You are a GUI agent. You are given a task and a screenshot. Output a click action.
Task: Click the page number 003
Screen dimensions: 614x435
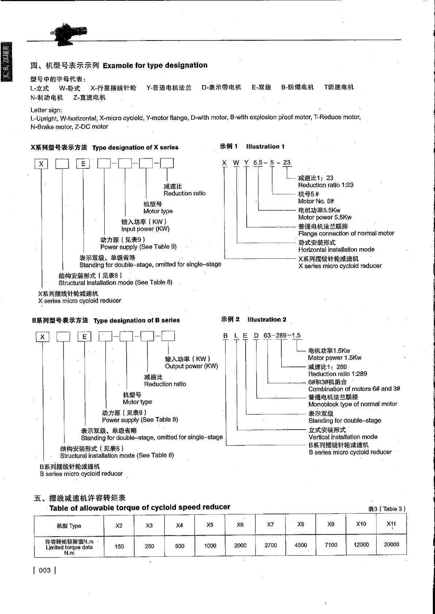point(45,570)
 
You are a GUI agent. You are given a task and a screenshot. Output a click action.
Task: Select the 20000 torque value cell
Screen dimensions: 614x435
point(391,544)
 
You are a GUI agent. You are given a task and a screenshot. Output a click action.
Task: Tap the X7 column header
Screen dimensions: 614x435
point(270,525)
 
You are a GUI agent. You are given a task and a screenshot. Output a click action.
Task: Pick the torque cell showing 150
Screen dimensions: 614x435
point(119,546)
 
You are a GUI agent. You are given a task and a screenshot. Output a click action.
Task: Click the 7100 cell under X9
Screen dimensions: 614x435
point(331,545)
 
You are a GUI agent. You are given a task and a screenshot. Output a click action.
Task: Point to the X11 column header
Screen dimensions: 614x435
point(391,524)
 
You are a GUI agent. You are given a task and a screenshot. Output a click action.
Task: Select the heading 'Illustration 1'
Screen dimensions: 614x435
point(265,147)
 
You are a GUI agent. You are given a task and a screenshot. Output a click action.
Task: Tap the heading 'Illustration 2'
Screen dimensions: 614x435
point(266,320)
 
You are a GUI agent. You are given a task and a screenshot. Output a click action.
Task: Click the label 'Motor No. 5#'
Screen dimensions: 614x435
point(316,201)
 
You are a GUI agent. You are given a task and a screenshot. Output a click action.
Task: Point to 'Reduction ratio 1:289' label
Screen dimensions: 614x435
point(338,374)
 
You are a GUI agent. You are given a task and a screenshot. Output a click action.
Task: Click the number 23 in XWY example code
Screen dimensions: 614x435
point(287,162)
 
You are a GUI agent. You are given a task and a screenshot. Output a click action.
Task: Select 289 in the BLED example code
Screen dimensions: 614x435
point(281,335)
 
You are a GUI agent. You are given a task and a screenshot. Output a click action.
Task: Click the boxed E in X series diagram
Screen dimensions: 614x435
point(83,164)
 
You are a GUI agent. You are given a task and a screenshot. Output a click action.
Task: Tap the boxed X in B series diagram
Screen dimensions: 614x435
point(42,337)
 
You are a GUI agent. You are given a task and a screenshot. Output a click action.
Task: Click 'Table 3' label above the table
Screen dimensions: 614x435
point(387,509)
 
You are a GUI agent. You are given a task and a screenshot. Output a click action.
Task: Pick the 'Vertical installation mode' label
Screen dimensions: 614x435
point(343,437)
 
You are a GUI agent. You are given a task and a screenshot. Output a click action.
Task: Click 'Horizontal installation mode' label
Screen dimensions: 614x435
point(336,250)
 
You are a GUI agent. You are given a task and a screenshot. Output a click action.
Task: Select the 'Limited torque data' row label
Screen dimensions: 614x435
point(69,547)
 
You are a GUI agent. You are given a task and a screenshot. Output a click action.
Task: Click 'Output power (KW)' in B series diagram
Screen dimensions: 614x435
point(191,366)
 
